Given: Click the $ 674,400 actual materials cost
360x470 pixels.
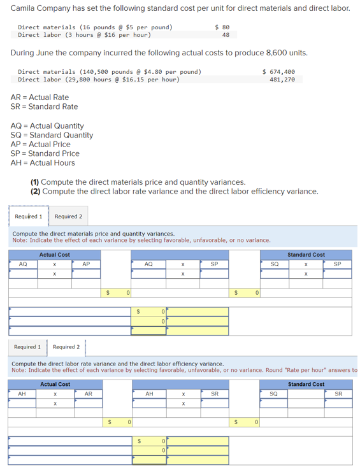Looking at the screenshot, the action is point(278,72).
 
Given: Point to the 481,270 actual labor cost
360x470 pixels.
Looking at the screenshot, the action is point(282,80).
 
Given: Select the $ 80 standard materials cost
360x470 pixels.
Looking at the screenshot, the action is point(222,27).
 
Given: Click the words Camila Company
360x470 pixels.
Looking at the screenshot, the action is point(38,8).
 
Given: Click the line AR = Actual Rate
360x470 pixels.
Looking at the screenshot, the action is point(40,97).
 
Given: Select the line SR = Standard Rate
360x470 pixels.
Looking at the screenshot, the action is point(44,106).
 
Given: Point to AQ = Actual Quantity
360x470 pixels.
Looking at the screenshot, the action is point(47,126).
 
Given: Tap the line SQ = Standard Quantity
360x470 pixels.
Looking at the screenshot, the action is point(52,135).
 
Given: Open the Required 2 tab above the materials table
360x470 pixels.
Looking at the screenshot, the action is point(68,217).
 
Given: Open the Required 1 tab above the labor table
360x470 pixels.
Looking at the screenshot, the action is point(27,347).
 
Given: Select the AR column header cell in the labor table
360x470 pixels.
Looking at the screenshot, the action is point(88,394).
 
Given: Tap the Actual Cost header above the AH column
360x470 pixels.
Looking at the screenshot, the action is point(55,385).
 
